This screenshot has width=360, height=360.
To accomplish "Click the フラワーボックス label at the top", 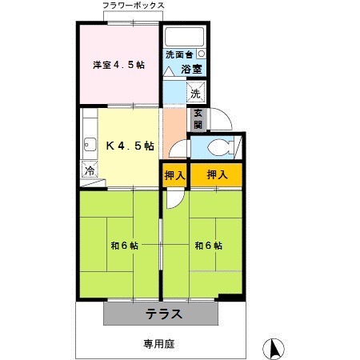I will pos(134,6).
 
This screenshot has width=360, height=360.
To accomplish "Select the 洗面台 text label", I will pos(179,55).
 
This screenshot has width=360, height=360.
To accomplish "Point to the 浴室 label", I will pos(190,70).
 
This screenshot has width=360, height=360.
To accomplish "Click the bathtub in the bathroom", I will pos(185,37).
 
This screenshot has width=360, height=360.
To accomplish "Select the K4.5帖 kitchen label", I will pos(130,146).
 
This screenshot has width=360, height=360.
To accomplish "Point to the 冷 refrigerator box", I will pos(90,170).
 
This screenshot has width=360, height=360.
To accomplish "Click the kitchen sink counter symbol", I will pos(88,146).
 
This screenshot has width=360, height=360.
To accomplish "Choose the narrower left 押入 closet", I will pos(174,175).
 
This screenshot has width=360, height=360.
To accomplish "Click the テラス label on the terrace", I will pos(163,313).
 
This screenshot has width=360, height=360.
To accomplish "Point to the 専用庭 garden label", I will pos(159,344).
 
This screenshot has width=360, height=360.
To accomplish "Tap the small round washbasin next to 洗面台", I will pos(201,54).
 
